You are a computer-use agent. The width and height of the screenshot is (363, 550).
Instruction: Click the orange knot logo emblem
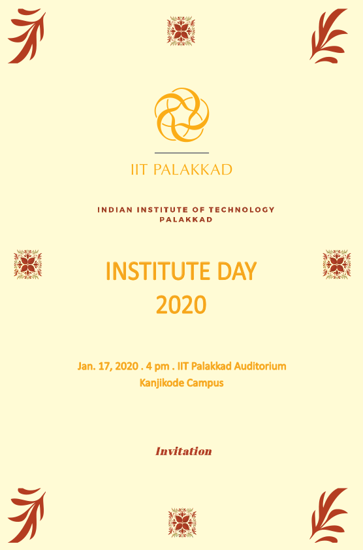[181, 114]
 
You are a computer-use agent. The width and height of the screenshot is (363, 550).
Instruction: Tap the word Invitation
[183, 451]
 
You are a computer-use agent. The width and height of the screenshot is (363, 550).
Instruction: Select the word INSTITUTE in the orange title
[158, 271]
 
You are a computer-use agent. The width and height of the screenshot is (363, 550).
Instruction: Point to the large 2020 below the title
[181, 305]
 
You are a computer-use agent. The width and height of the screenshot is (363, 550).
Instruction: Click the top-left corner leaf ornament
[27, 36]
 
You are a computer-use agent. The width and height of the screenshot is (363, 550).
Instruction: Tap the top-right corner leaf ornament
[328, 36]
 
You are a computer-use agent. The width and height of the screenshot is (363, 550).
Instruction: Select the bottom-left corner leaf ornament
[27, 515]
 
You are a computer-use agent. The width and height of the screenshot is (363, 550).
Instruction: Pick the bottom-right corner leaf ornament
[328, 515]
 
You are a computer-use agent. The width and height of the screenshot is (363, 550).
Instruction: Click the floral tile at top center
[181, 31]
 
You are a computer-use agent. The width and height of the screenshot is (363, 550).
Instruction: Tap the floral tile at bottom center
[182, 523]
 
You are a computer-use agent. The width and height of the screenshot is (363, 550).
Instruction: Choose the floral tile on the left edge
[27, 264]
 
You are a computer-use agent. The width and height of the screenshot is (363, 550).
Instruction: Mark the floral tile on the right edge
[337, 264]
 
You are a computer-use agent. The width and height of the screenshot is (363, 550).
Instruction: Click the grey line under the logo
[181, 153]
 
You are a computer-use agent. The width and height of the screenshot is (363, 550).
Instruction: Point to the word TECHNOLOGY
[242, 210]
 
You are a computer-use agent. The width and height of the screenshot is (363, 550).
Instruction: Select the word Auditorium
[260, 366]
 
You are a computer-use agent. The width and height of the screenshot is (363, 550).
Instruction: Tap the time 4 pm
[157, 366]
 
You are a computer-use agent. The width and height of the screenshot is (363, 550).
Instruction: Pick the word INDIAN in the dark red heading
[110, 210]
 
